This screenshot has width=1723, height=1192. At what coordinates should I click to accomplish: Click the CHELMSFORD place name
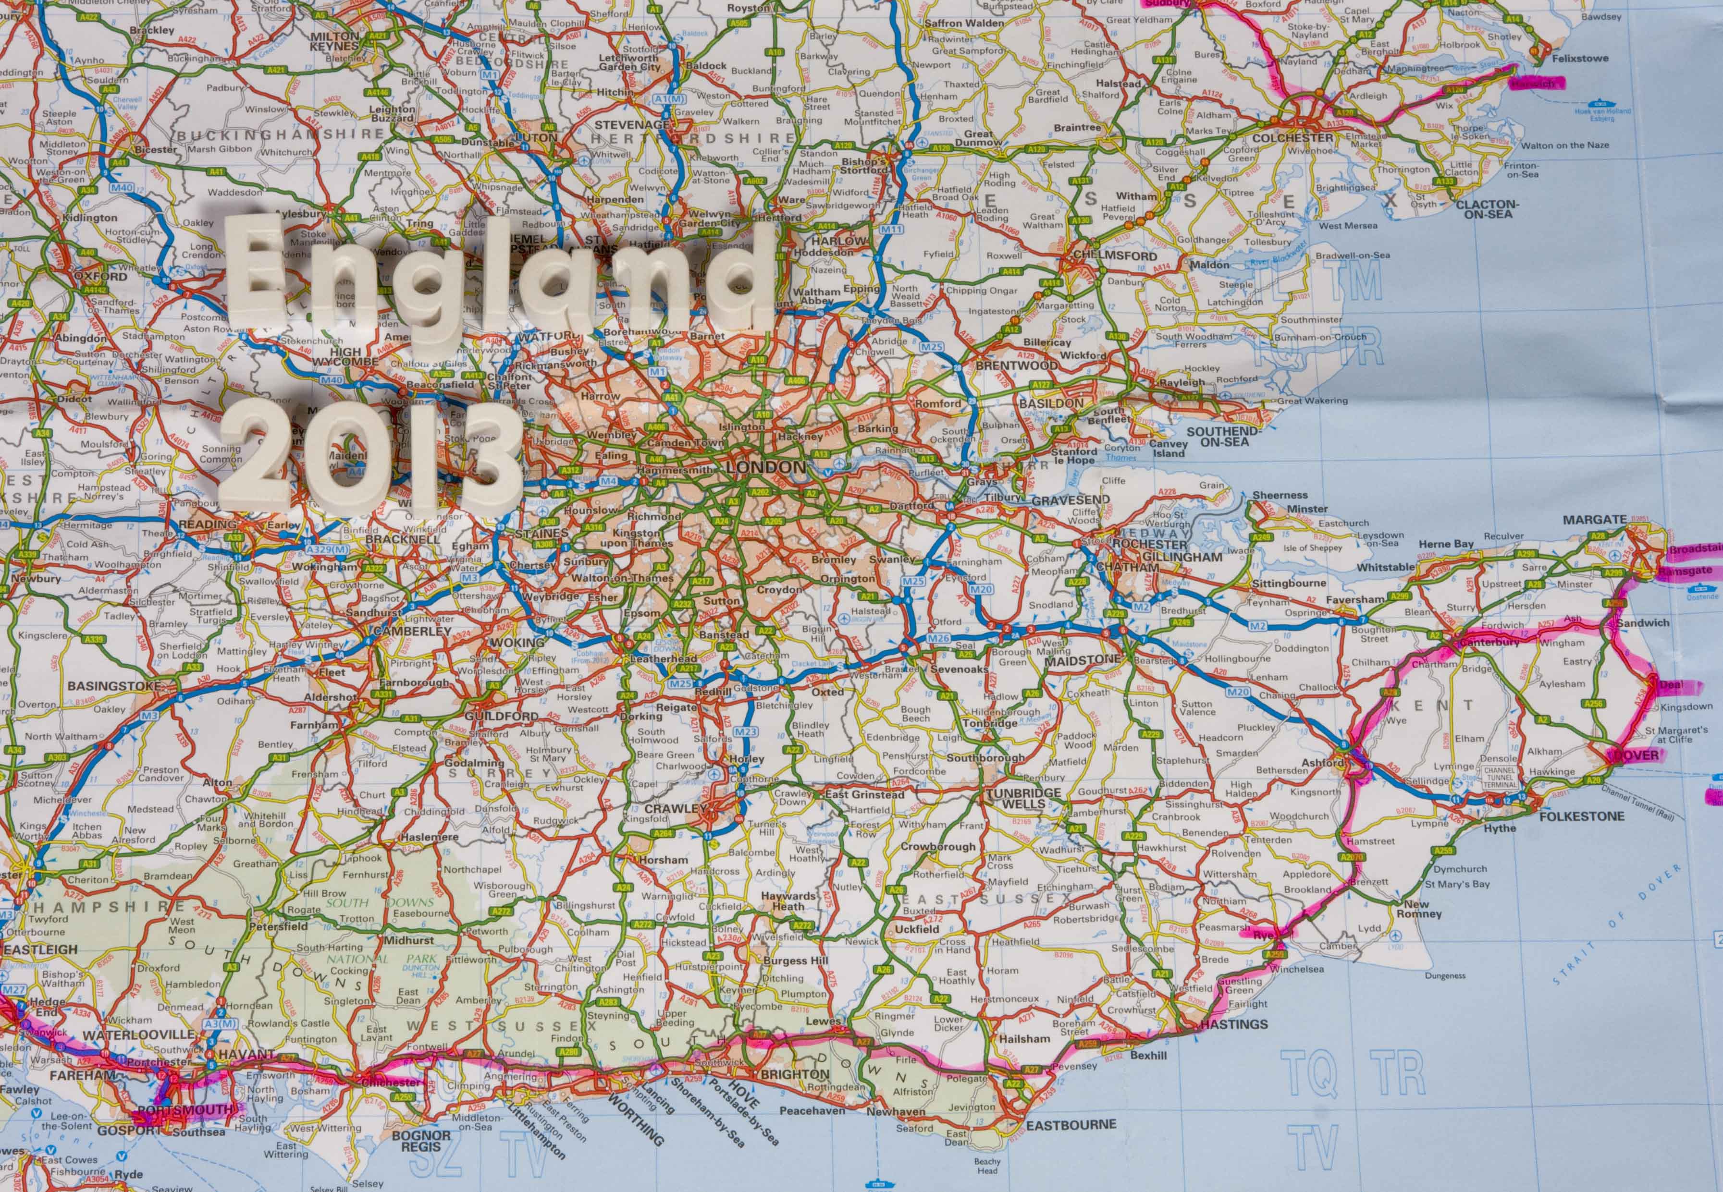point(1104,255)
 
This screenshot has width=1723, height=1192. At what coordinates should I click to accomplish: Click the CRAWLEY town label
point(675,808)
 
